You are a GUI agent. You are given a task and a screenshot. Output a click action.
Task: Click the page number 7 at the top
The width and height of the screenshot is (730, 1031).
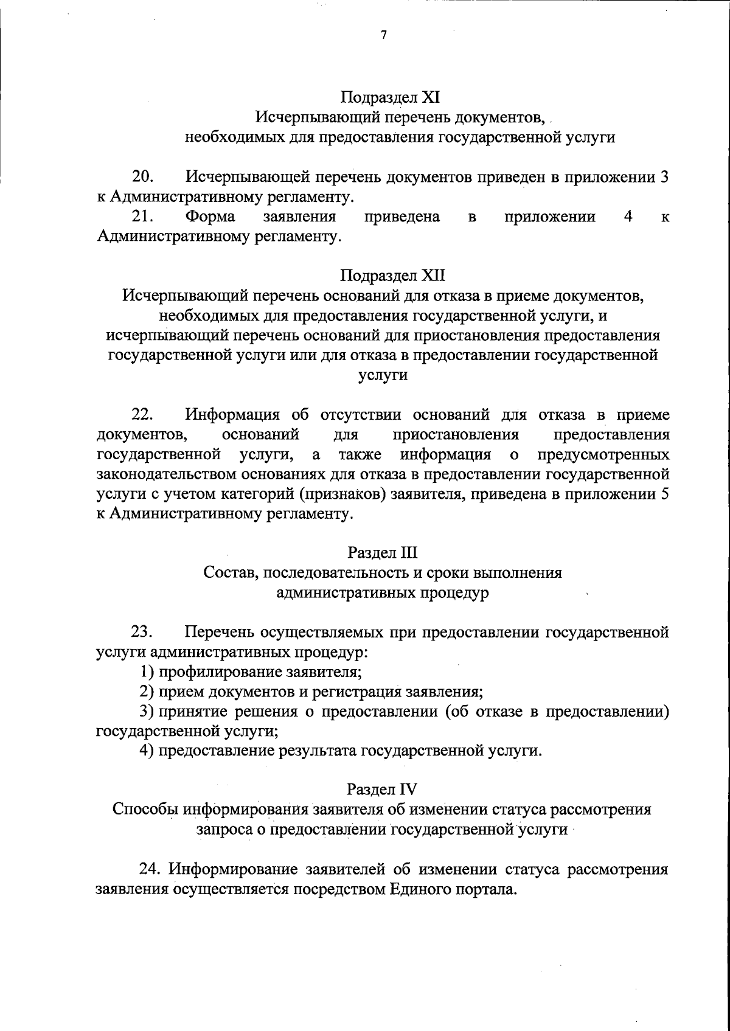(383, 35)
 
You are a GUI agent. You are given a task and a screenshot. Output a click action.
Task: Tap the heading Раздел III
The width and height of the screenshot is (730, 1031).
(383, 553)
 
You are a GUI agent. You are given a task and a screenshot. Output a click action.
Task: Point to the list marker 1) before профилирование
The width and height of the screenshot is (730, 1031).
(146, 672)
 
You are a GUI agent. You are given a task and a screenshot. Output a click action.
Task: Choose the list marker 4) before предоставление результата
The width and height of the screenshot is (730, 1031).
(146, 751)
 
